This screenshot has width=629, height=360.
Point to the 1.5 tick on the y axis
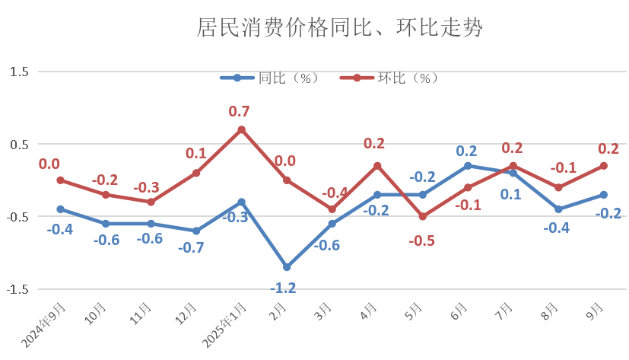[x=20, y=72]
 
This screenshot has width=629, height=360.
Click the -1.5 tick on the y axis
[x=18, y=290]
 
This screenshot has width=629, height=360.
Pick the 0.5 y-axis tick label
[x=20, y=145]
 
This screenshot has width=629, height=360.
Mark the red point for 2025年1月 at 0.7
[x=242, y=129]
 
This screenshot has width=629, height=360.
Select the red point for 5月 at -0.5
[x=423, y=217]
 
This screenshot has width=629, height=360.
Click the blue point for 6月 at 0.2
[x=468, y=165]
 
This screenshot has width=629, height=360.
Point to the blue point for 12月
[x=196, y=231]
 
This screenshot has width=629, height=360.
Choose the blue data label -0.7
[x=192, y=247]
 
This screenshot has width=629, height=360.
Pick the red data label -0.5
[x=422, y=240]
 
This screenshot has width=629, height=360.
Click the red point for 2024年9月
[x=60, y=180]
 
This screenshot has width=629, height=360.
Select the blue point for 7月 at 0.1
[x=513, y=173]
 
